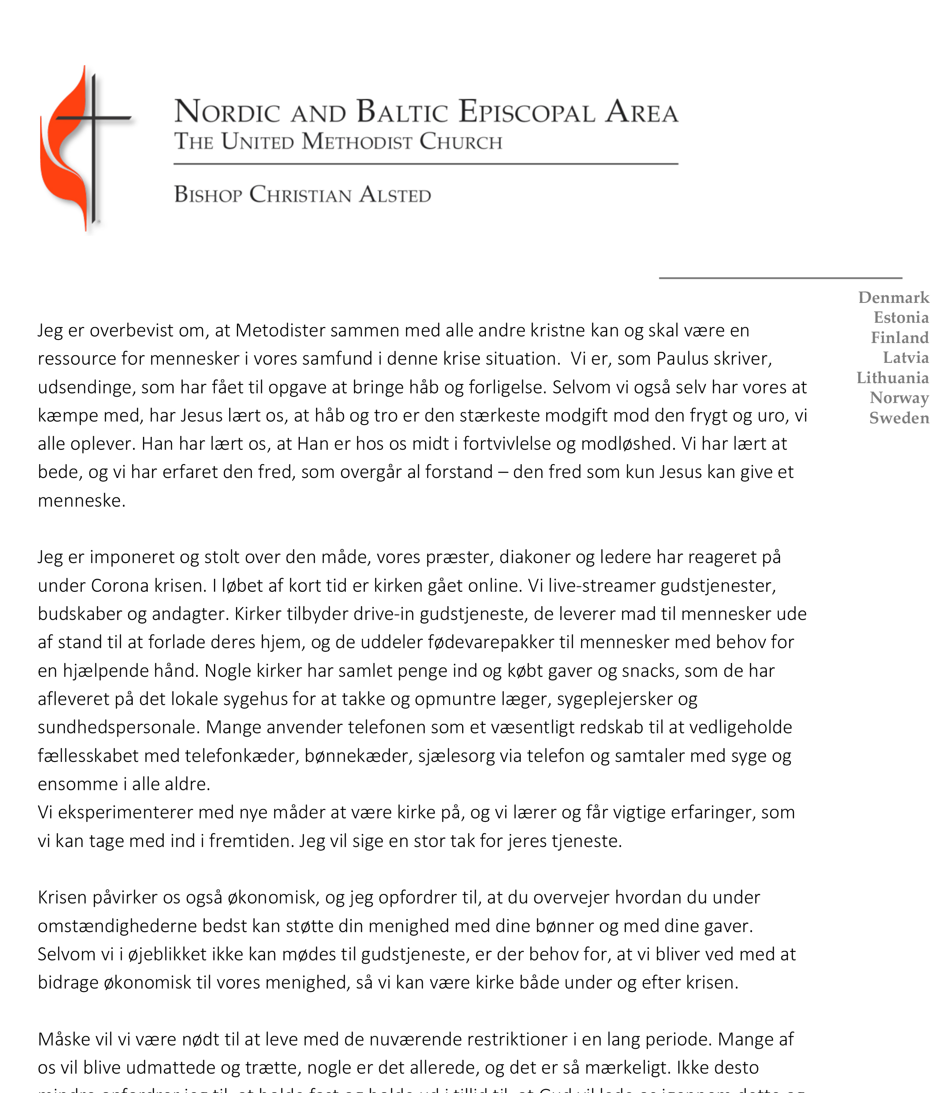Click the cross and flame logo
[x=85, y=149]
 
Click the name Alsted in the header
[x=395, y=195]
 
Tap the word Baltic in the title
[x=402, y=112]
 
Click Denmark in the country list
[x=893, y=298]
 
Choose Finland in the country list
[x=900, y=338]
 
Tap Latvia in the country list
[x=906, y=358]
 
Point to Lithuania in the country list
[x=892, y=378]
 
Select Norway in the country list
[x=899, y=398]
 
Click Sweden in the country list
[x=899, y=418]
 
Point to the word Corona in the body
[x=119, y=586]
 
